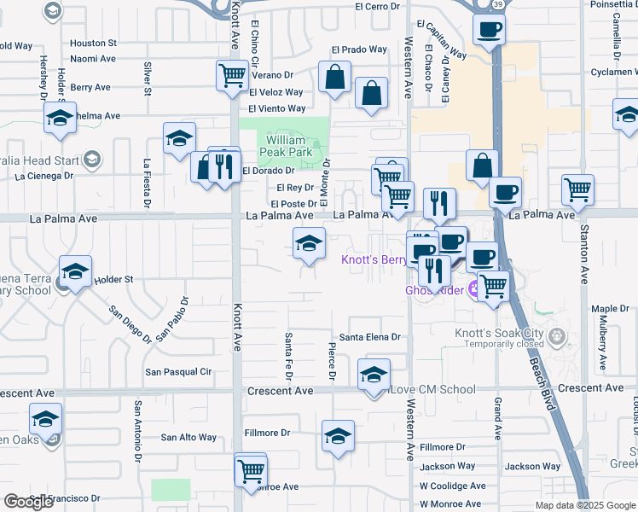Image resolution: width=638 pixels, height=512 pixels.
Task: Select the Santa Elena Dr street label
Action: coord(369,337)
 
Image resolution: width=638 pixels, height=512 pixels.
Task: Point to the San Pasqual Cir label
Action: coord(178,372)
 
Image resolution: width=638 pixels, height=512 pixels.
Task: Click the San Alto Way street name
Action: coord(189,437)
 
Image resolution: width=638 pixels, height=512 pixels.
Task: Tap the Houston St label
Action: coord(93,43)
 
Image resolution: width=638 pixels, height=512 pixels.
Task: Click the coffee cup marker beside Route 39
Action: coord(490,31)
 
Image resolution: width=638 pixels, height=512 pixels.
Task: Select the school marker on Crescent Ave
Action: coord(373,375)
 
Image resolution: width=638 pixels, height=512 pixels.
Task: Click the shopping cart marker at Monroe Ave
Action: coord(251,469)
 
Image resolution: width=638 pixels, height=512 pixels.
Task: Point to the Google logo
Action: coord(28,502)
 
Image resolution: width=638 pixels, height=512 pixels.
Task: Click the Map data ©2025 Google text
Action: coord(584,505)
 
